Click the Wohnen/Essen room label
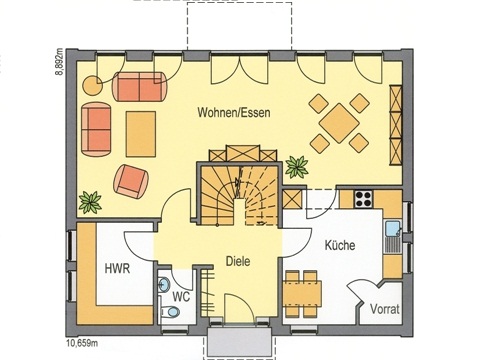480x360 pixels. click(234, 113)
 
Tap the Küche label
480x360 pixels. click(340, 245)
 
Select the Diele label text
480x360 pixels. click(238, 261)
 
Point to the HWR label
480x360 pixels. click(117, 268)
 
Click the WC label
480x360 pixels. click(182, 296)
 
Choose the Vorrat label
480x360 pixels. click(385, 309)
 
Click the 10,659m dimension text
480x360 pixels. click(81, 343)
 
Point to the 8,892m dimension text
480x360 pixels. click(59, 62)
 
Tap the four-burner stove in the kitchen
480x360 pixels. click(363, 198)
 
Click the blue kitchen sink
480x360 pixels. click(392, 229)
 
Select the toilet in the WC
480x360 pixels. click(170, 312)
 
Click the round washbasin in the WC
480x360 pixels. click(164, 284)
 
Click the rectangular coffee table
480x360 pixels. click(141, 134)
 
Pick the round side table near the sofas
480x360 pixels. click(92, 86)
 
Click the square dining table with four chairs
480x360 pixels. click(339, 123)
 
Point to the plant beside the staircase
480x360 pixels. click(296, 167)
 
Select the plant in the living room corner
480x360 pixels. click(90, 202)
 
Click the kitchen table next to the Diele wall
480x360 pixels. click(302, 293)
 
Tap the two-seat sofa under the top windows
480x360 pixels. click(140, 86)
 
